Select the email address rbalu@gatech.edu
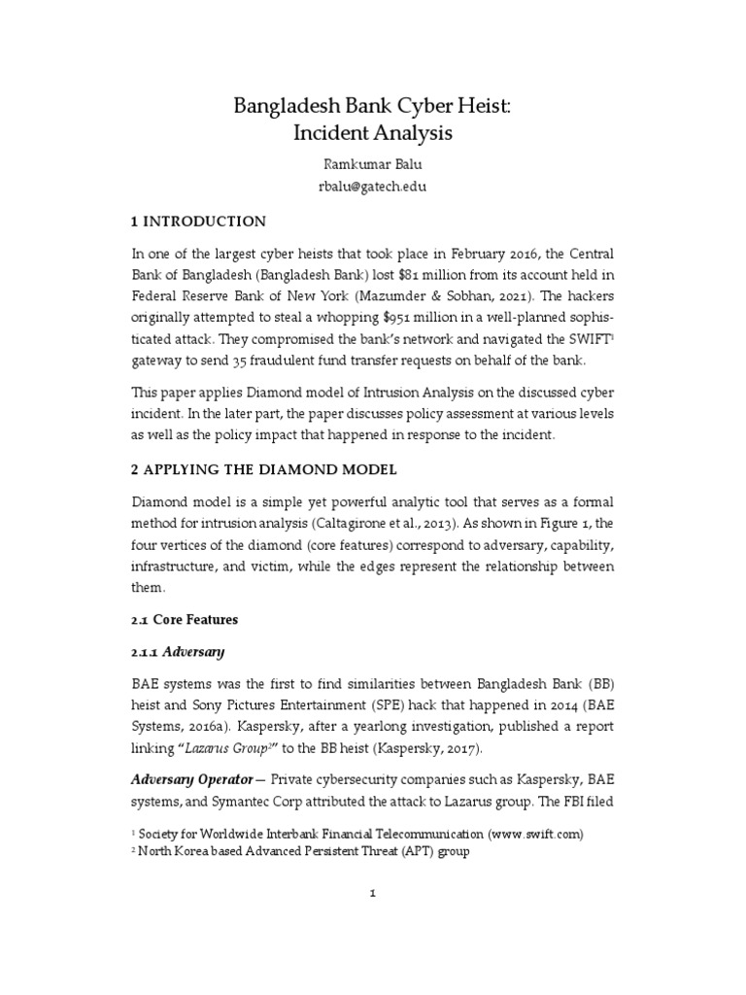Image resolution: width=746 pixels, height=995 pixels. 372,185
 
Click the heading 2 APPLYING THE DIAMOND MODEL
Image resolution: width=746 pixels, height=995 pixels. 263,469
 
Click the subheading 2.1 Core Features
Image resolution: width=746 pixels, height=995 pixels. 184,619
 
